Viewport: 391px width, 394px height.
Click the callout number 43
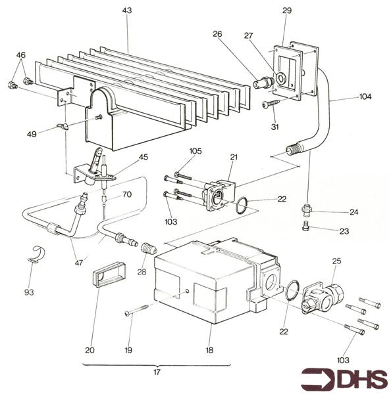click(x=127, y=11)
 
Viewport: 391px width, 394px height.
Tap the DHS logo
click(x=342, y=378)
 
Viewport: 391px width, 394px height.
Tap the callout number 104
click(x=365, y=97)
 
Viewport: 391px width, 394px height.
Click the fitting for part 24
click(x=305, y=210)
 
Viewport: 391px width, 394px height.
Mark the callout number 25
click(x=337, y=261)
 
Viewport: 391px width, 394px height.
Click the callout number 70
click(x=127, y=194)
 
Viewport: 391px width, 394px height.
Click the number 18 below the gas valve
click(x=209, y=350)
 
